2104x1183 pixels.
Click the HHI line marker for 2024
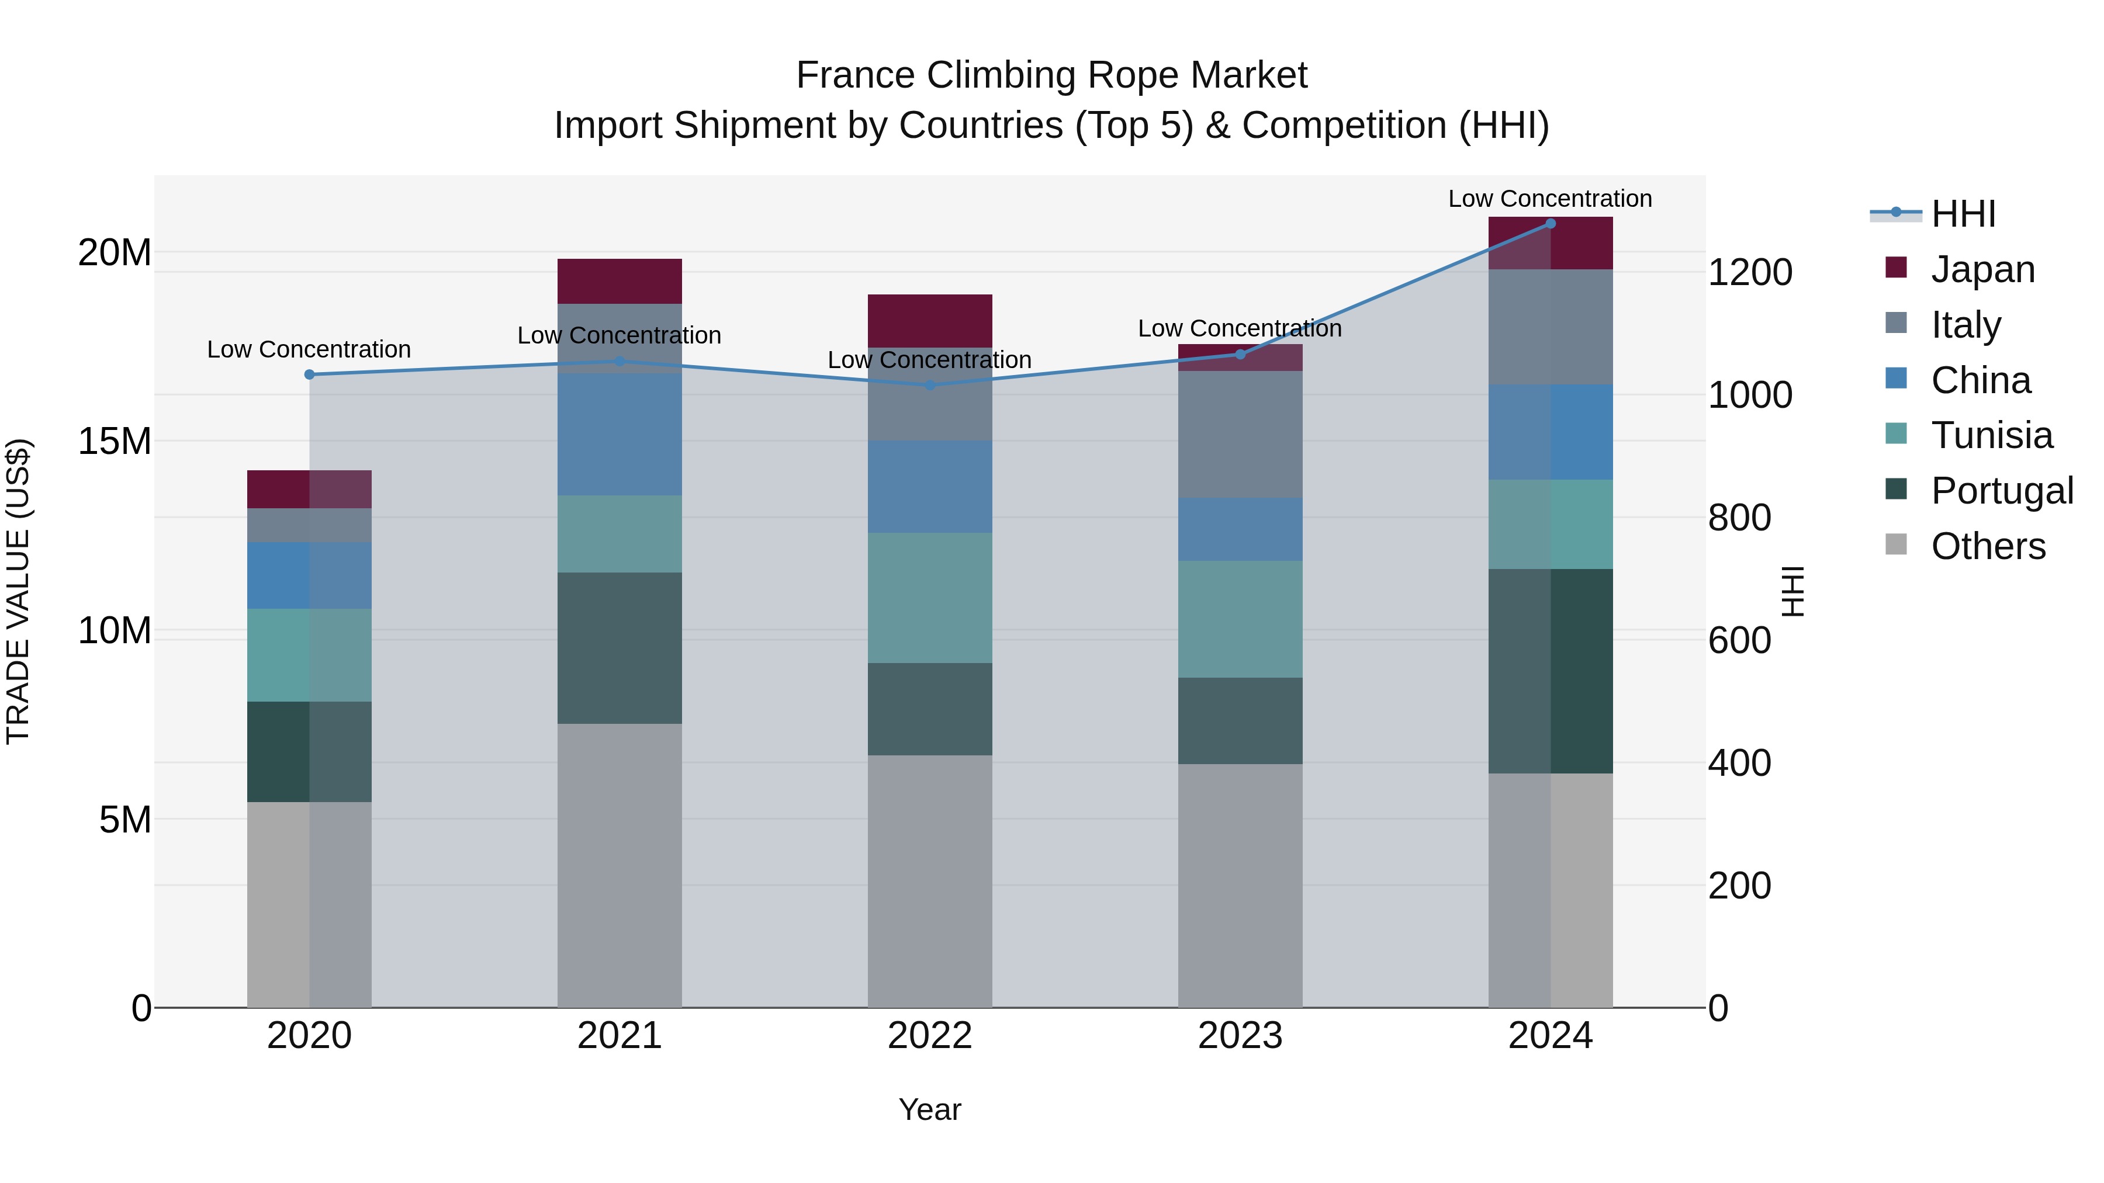[x=1550, y=224]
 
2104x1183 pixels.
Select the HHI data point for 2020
[x=310, y=374]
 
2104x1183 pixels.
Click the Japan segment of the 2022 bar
[x=929, y=321]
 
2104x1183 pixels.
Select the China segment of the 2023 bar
[x=1240, y=529]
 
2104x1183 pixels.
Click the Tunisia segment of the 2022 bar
[x=929, y=598]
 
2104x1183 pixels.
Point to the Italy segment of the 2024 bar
[x=1550, y=327]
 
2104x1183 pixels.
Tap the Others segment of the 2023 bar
[x=1240, y=885]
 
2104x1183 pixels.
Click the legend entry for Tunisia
[x=1991, y=435]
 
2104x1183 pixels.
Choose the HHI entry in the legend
[x=1963, y=214]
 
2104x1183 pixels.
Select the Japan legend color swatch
[x=1896, y=268]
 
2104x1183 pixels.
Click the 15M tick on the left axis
[x=115, y=441]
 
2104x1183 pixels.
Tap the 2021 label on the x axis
[x=619, y=1036]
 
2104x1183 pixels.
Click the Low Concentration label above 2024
[x=1549, y=199]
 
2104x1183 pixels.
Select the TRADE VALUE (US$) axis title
[x=18, y=591]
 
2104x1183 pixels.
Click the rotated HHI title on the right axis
[x=1793, y=591]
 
